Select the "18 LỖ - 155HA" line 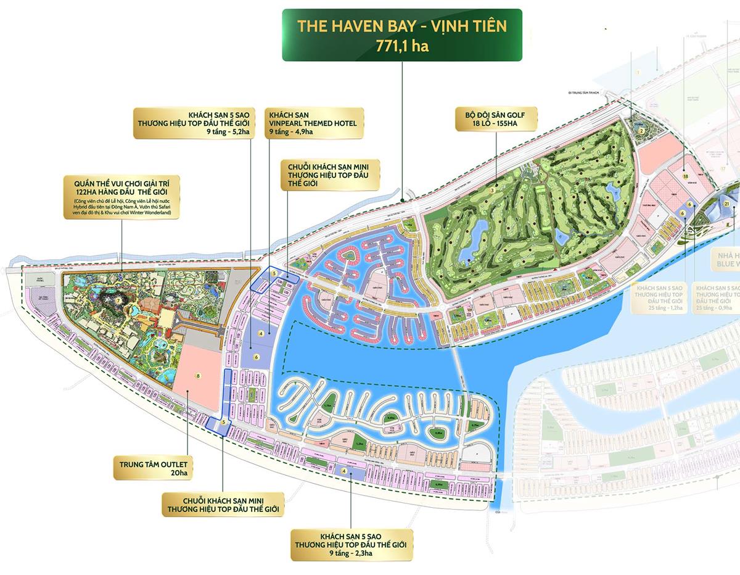(496, 125)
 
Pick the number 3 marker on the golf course (491, 191)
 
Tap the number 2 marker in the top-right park (641, 131)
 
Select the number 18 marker (685, 176)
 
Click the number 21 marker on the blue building (728, 204)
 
